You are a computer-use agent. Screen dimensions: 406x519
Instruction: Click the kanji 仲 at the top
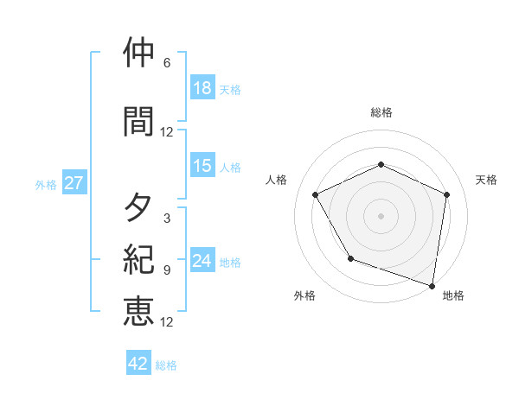coord(138,54)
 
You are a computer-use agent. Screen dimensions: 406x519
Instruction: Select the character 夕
coord(138,208)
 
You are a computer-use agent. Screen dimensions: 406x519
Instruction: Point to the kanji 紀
coord(138,260)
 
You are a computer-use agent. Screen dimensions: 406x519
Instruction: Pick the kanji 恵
coord(138,311)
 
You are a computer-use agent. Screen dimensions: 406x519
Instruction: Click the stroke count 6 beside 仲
coord(167,63)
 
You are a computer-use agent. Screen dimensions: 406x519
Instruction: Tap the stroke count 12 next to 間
coord(167,132)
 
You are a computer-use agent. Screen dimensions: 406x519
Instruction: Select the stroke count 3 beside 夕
coord(167,219)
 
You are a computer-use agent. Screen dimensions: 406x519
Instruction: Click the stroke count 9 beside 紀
coord(167,270)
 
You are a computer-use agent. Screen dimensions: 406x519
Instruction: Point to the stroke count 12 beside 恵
coord(167,322)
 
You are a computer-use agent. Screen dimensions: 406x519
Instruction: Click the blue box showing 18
coord(202,88)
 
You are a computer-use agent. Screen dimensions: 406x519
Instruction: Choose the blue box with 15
coord(202,166)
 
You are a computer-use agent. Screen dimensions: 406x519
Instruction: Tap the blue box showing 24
coord(202,261)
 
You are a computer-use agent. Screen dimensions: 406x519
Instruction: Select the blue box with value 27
coord(74,183)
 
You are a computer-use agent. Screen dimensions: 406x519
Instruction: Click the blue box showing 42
coord(138,364)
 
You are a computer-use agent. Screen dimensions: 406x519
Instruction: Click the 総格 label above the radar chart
coord(381,112)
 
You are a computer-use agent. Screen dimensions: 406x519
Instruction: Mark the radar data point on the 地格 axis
coord(432,285)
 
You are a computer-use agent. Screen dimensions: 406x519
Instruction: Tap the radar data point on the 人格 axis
coord(316,194)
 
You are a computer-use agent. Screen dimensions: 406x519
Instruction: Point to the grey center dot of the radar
coord(381,215)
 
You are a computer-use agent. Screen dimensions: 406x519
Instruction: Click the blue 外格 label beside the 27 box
coord(46,184)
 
